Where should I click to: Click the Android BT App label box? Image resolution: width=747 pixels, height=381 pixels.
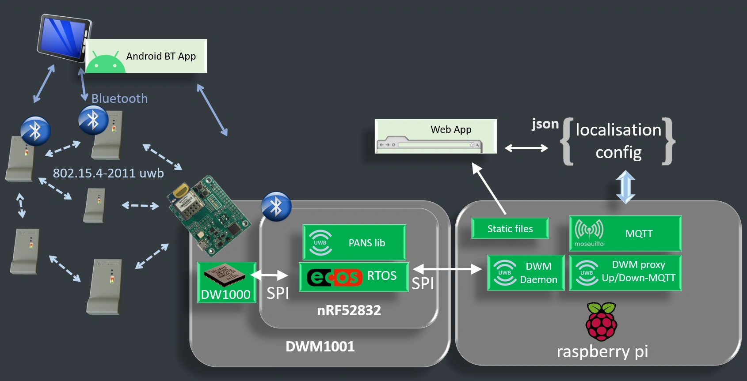146,56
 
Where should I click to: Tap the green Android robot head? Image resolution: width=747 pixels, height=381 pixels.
106,63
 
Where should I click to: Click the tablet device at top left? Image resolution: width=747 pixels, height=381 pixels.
64,38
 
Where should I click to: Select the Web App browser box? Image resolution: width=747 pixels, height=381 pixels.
435,136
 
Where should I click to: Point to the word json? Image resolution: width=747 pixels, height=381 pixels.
545,124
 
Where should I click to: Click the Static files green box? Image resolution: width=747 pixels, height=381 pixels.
510,228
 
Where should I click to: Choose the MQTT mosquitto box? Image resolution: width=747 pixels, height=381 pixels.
625,234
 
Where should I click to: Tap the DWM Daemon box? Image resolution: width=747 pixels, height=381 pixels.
526,273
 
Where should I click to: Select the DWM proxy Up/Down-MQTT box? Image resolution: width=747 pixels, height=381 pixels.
625,273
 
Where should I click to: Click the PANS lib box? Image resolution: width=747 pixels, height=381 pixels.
354,242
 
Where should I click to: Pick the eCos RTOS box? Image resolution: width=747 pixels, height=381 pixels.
354,277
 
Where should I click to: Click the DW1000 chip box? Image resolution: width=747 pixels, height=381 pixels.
227,283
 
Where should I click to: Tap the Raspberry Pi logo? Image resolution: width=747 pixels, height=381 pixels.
601,321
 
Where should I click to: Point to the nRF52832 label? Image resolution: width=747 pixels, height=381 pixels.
349,310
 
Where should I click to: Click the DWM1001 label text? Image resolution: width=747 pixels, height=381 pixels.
320,347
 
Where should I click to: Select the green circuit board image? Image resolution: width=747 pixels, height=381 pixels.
209,215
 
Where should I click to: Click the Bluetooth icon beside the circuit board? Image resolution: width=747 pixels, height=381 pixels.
276,207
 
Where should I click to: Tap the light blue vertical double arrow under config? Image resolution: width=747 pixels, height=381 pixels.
625,187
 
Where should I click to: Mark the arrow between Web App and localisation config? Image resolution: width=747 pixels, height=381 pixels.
526,148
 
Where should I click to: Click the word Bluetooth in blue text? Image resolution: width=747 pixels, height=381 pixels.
119,98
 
